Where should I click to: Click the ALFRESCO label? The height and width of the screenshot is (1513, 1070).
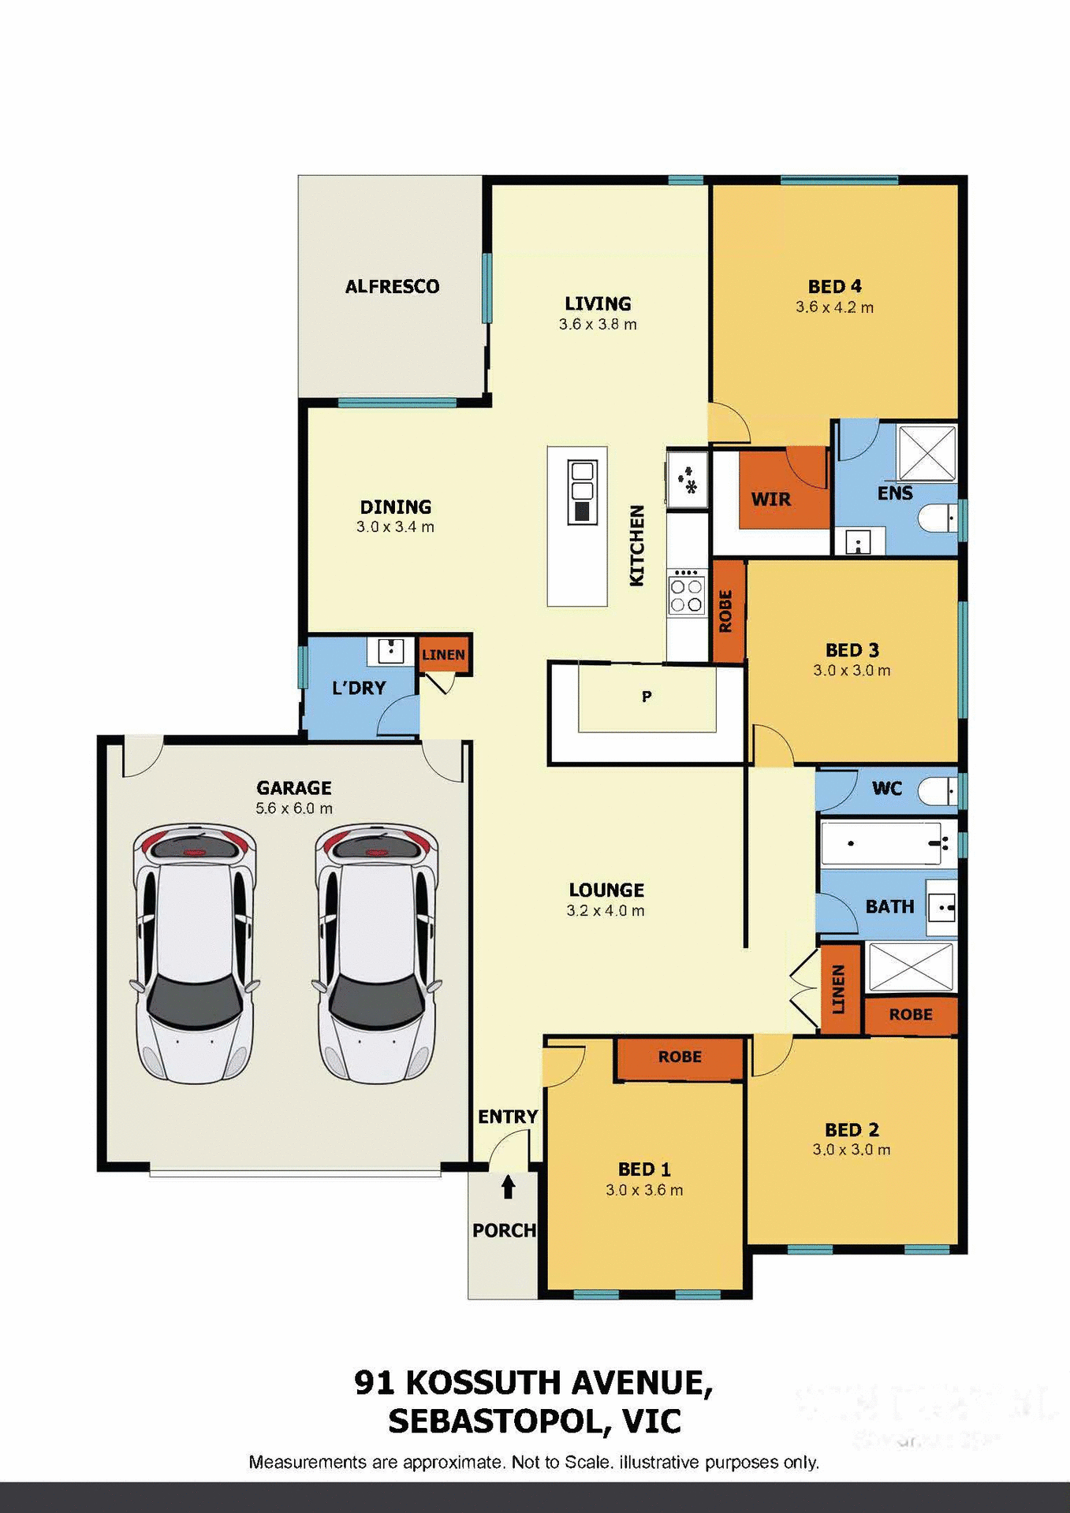tap(392, 286)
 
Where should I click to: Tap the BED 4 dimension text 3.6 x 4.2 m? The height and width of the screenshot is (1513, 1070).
tap(834, 307)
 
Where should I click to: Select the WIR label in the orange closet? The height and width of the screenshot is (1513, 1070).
tap(770, 499)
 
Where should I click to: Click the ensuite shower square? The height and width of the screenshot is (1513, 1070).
tap(927, 452)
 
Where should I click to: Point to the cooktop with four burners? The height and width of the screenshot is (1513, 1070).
tap(686, 595)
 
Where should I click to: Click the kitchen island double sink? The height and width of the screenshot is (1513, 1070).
tap(582, 492)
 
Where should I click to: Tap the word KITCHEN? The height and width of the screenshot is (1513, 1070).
tap(637, 545)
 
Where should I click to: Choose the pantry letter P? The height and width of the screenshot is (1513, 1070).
tap(647, 697)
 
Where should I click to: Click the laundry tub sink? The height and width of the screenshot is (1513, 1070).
tap(391, 651)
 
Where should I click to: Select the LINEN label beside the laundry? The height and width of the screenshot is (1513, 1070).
tap(443, 655)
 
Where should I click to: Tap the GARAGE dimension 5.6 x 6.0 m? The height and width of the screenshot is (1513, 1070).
tap(294, 809)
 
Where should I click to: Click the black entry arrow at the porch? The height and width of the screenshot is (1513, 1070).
tap(509, 1186)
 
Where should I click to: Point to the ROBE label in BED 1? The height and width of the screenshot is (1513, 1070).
tap(680, 1057)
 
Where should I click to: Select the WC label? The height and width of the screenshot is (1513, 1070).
tap(886, 788)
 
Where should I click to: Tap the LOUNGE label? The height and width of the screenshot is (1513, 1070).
tap(606, 890)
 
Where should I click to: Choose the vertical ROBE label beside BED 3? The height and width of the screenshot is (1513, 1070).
tap(726, 611)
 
